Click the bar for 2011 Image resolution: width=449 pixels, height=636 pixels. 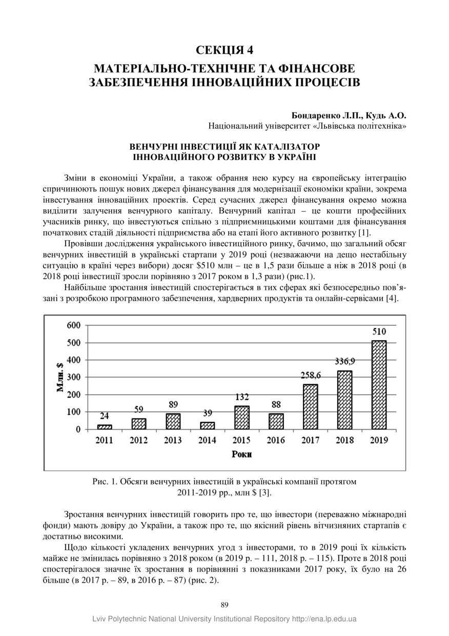(105, 427)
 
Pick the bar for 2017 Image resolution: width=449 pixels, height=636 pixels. (310, 407)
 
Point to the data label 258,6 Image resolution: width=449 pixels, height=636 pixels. (311, 375)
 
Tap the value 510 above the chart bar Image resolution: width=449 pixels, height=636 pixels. (379, 331)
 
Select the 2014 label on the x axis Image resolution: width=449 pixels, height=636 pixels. (207, 440)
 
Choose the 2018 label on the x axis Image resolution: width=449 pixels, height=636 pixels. (344, 440)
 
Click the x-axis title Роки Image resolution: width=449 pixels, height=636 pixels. (241, 454)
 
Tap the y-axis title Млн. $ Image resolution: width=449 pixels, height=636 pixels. (60, 377)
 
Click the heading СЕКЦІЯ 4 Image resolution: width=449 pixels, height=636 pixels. (224, 50)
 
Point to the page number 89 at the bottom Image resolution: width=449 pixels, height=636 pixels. (224, 605)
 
